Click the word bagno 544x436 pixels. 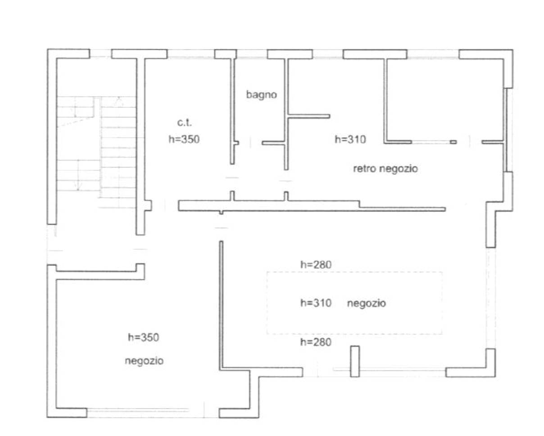[260, 95]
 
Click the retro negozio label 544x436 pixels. [385, 169]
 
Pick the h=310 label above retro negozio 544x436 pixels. [350, 140]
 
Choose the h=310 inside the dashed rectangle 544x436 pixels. [316, 303]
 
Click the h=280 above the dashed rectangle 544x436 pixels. [316, 265]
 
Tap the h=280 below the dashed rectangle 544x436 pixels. [316, 342]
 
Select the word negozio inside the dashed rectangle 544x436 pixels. [366, 303]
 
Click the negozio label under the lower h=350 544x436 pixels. [144, 361]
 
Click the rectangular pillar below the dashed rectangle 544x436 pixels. [355, 361]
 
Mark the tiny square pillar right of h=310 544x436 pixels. [453, 142]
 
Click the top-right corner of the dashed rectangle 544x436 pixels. [442, 272]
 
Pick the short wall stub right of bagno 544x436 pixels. [309, 116]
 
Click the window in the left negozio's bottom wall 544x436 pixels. [137, 410]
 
